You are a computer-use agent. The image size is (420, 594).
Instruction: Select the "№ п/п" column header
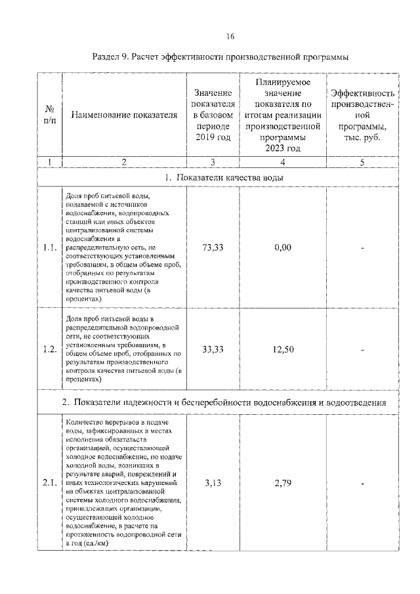(49, 115)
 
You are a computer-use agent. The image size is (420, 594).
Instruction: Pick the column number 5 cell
(362, 161)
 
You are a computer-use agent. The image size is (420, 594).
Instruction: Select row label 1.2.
(49, 350)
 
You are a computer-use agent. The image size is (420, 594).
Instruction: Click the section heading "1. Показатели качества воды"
(219, 178)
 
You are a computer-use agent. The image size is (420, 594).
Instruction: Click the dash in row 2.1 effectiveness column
(362, 484)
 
